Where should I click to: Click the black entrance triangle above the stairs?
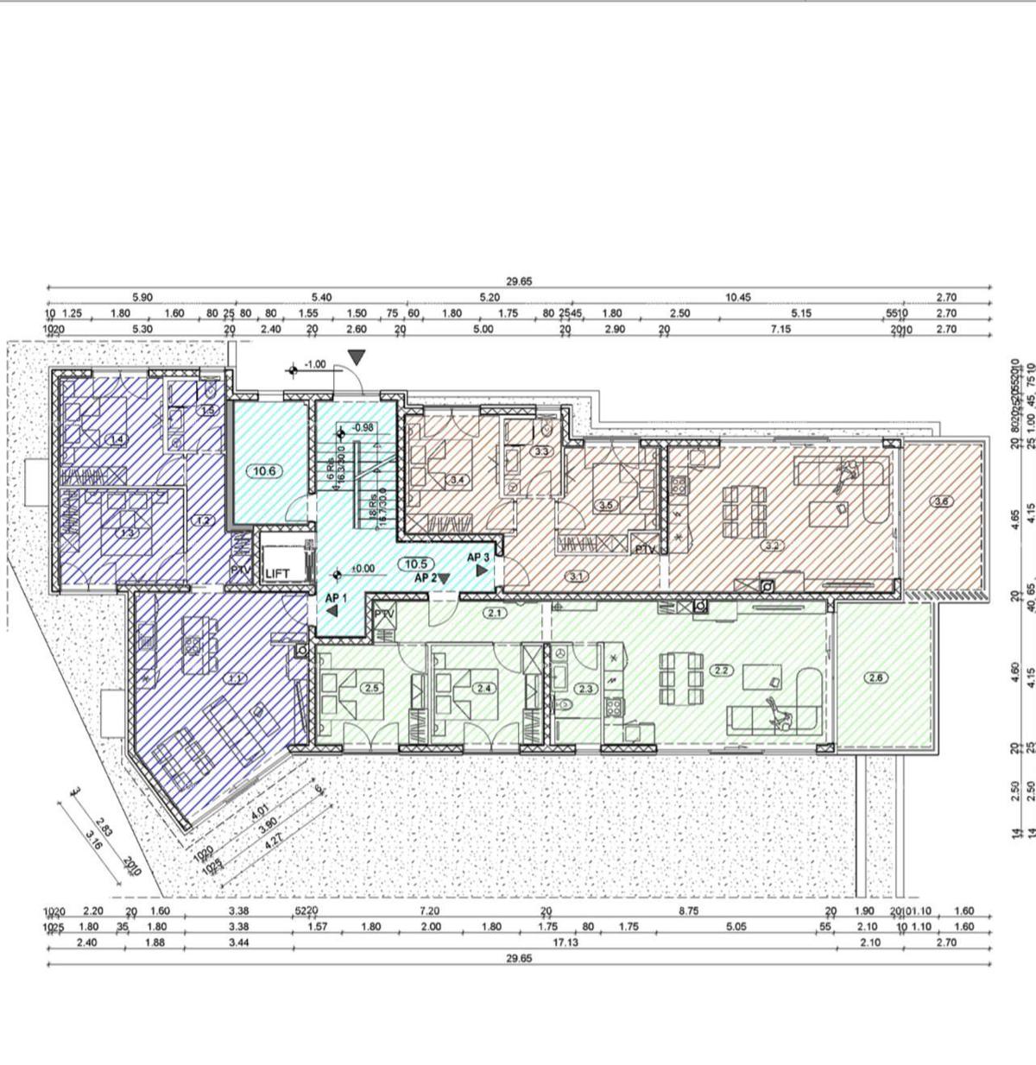[357, 356]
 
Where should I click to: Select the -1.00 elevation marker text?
[315, 365]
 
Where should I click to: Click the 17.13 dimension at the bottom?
[565, 942]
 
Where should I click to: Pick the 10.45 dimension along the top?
[738, 297]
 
